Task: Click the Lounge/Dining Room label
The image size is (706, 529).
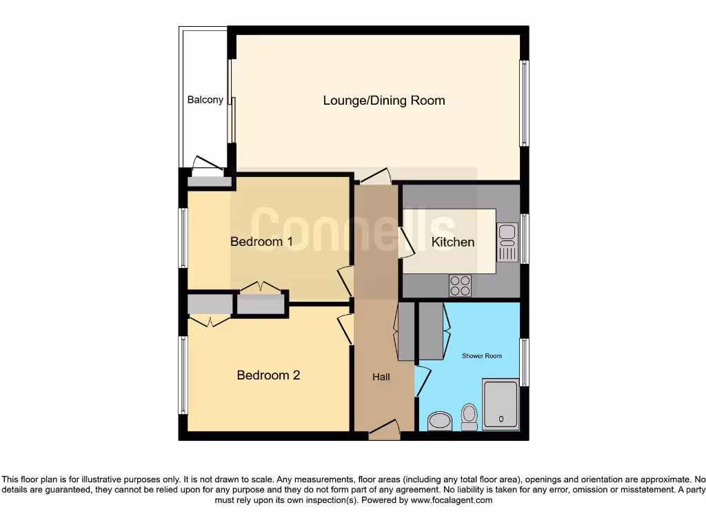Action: [x=384, y=101]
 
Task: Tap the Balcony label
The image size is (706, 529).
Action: [x=205, y=100]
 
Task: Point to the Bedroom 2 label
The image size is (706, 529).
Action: [x=268, y=375]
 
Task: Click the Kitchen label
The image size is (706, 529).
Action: [x=453, y=242]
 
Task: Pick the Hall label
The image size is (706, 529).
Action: [x=381, y=377]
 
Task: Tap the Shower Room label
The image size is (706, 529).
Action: [x=482, y=356]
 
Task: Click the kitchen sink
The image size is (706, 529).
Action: [x=507, y=243]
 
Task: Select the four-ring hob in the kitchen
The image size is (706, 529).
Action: [x=460, y=286]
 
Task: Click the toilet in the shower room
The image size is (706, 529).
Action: [x=470, y=417]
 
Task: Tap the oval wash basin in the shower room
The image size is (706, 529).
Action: [x=439, y=421]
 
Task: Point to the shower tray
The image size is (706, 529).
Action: [x=501, y=405]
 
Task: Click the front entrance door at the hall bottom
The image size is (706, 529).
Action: [x=384, y=431]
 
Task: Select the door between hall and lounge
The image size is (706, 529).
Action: [x=374, y=177]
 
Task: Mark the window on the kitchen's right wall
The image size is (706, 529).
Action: [x=525, y=239]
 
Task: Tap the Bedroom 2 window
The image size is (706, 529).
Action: [x=183, y=375]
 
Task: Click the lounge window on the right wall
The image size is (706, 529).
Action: [x=525, y=103]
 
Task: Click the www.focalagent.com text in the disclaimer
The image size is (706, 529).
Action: [x=451, y=500]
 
